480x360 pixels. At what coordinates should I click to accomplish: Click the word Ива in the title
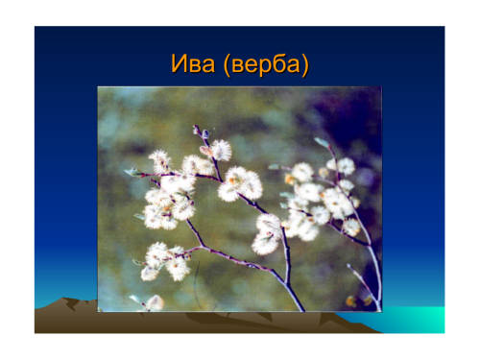pyautogui.click(x=193, y=63)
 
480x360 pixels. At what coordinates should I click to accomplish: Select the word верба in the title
pyautogui.click(x=266, y=64)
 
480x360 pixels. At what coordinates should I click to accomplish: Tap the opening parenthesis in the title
pyautogui.click(x=227, y=64)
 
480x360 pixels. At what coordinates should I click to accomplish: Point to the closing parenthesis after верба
pyautogui.click(x=305, y=64)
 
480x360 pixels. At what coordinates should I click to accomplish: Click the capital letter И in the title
pyautogui.click(x=179, y=63)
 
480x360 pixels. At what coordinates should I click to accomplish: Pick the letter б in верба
pyautogui.click(x=279, y=62)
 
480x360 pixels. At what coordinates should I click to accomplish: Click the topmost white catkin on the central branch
pyautogui.click(x=222, y=150)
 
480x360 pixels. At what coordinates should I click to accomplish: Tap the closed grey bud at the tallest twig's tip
pyautogui.click(x=196, y=130)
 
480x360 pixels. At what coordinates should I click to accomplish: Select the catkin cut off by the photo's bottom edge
pyautogui.click(x=155, y=302)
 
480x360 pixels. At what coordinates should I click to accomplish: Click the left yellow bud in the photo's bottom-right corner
pyautogui.click(x=351, y=301)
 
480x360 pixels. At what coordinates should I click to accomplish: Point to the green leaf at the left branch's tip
pyautogui.click(x=132, y=172)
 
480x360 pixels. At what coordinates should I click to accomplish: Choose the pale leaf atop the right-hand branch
pyautogui.click(x=322, y=142)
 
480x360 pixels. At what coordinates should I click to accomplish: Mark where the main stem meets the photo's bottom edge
pyautogui.click(x=302, y=310)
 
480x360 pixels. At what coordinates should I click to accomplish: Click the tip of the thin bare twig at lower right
pyautogui.click(x=348, y=265)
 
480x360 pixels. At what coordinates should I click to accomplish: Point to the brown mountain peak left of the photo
pyautogui.click(x=66, y=300)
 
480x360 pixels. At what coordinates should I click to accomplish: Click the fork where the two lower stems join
pyautogui.click(x=287, y=284)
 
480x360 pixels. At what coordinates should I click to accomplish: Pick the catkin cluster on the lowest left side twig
pyautogui.click(x=164, y=262)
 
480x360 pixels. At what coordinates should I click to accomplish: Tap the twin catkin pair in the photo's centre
pyautogui.click(x=240, y=184)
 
